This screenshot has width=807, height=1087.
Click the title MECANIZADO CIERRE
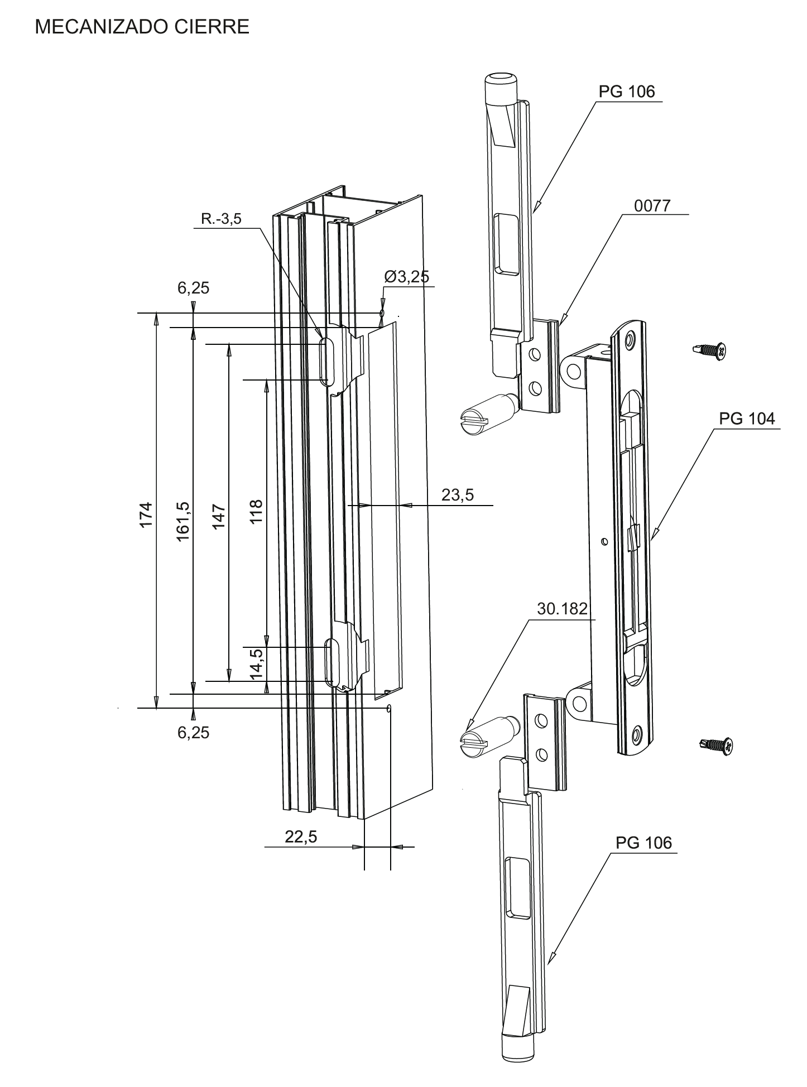click(x=142, y=26)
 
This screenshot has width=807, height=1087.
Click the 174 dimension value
click(x=146, y=514)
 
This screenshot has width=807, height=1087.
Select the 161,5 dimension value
click(x=183, y=521)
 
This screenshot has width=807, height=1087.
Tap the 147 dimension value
click(x=219, y=516)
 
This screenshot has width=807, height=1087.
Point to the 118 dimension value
click(x=256, y=511)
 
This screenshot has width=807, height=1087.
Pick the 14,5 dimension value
click(x=257, y=663)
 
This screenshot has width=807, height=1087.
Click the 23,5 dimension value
click(x=458, y=494)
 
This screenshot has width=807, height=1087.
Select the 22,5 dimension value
click(x=301, y=836)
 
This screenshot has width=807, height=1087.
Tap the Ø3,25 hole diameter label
click(x=407, y=276)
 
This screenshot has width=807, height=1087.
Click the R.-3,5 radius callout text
click(x=222, y=219)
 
